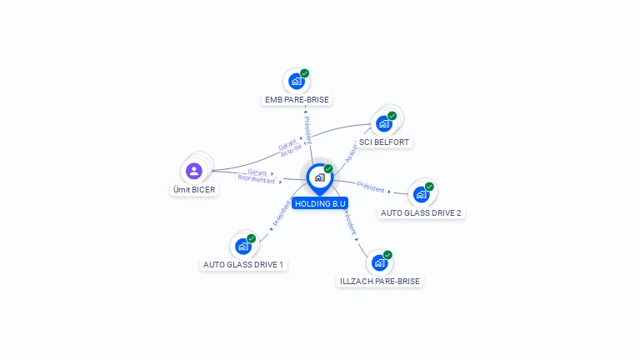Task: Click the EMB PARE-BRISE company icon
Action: (296, 82)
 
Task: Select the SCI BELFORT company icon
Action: (383, 124)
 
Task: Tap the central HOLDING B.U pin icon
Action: (319, 177)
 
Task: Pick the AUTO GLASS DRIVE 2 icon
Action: (421, 194)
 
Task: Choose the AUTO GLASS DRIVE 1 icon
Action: (242, 246)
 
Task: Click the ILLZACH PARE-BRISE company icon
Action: (379, 262)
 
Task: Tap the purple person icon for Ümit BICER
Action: (194, 171)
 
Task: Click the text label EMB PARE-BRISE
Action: (297, 100)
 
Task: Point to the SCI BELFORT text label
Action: (384, 142)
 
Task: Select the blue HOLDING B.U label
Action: (320, 203)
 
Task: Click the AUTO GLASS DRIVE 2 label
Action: (421, 212)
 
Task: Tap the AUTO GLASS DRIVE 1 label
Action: (243, 264)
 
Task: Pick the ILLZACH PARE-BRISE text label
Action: (380, 282)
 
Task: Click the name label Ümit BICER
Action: (194, 190)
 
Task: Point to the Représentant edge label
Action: (256, 179)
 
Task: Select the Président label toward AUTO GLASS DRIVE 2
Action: (371, 187)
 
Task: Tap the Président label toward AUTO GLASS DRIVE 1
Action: (282, 213)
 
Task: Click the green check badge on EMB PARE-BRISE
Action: (305, 73)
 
